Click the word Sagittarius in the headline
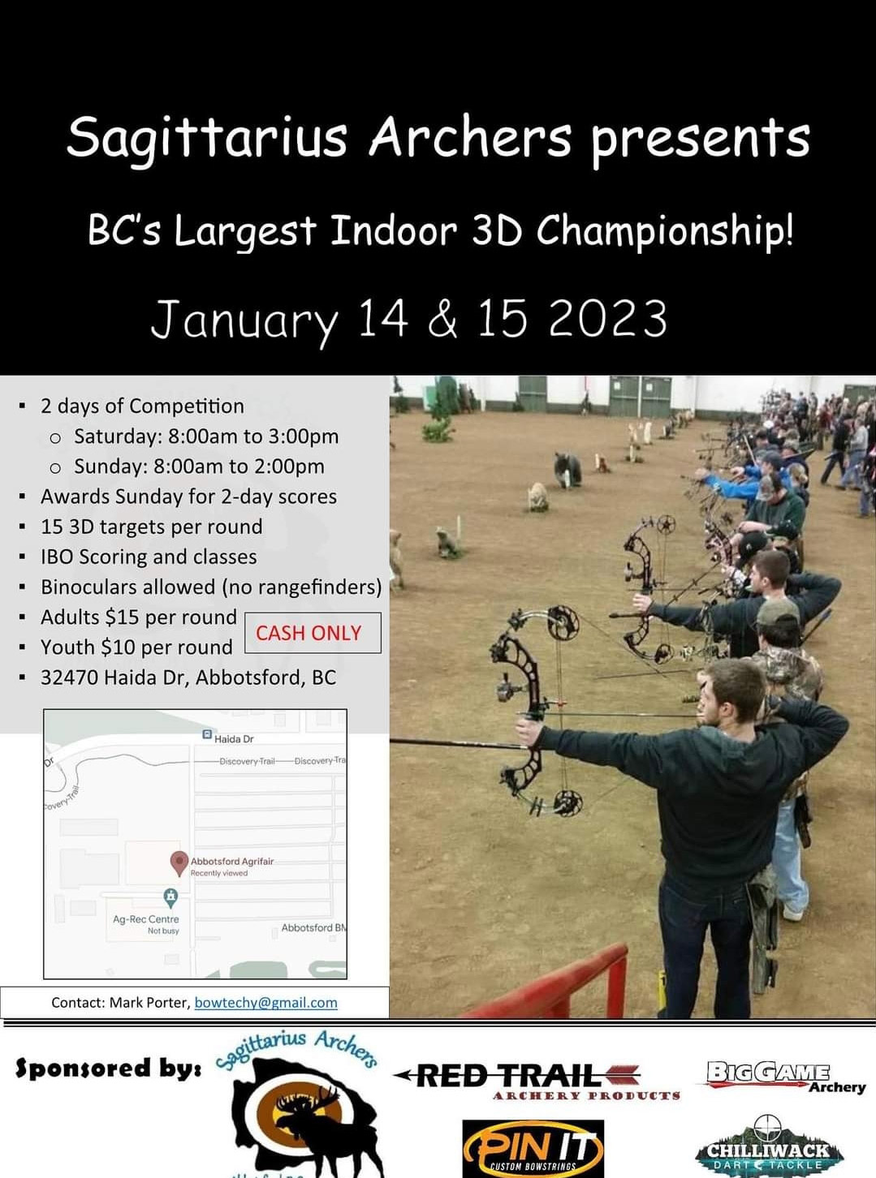click(x=207, y=138)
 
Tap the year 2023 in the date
click(x=607, y=319)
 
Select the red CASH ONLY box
click(x=312, y=633)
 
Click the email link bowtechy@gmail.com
click(x=265, y=1003)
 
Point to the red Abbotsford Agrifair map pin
click(x=179, y=862)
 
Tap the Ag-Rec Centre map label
click(x=146, y=919)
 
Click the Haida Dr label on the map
click(x=233, y=739)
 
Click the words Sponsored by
click(x=108, y=1068)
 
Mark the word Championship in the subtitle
click(x=664, y=231)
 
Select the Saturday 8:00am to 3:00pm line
click(x=206, y=436)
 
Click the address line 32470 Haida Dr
click(x=188, y=677)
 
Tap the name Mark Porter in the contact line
click(x=149, y=1003)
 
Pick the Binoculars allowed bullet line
click(x=211, y=587)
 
